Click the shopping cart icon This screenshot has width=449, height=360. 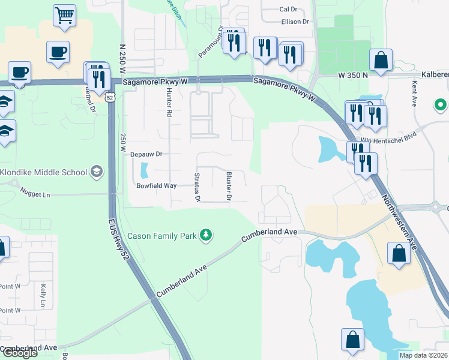[x=64, y=14]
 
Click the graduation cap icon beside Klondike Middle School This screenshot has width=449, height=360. [x=95, y=173]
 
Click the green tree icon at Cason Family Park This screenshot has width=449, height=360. [x=206, y=235]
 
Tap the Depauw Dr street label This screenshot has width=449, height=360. [x=146, y=154]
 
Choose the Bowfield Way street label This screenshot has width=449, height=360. [x=155, y=186]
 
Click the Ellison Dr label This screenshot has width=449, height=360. [x=295, y=22]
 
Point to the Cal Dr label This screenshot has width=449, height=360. [x=289, y=9]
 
